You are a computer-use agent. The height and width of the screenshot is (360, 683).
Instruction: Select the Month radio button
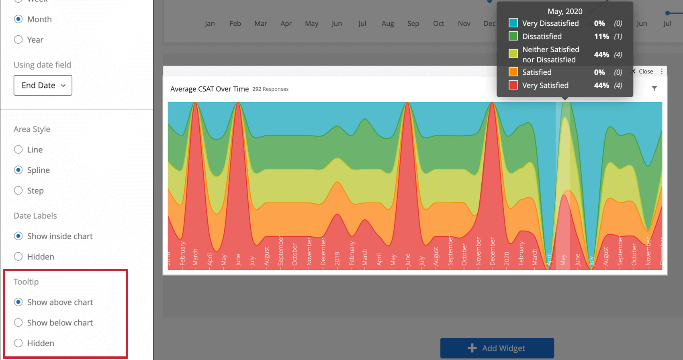tap(18, 19)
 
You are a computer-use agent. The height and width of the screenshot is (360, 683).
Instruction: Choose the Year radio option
tap(18, 40)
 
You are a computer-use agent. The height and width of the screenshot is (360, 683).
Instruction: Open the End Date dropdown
tap(43, 86)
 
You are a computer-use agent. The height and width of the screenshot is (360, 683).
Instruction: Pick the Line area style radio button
tap(18, 150)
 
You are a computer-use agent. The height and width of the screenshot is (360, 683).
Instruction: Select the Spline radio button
tap(18, 170)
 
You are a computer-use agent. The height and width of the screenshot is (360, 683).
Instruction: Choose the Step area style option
tap(18, 191)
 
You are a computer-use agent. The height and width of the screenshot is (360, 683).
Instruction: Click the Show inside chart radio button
tap(18, 236)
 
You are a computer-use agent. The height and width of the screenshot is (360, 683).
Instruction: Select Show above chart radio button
tap(18, 302)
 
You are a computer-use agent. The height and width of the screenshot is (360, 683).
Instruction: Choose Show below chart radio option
tap(18, 323)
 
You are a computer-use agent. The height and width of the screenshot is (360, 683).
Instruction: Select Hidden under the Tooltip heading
tap(18, 343)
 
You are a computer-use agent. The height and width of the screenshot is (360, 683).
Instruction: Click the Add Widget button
tap(497, 348)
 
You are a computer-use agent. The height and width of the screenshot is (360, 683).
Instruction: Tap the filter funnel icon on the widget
tap(654, 88)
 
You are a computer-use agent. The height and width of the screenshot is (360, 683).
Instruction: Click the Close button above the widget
tap(644, 72)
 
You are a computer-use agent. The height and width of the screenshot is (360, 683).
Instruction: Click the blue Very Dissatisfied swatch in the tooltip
tap(513, 23)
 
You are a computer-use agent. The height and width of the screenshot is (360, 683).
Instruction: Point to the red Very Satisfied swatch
tap(513, 85)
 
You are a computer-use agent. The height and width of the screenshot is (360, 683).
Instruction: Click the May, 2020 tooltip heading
tap(565, 11)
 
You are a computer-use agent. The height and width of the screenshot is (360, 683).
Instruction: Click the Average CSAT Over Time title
tap(209, 89)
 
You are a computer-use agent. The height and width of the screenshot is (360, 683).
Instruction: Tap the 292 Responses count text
tap(270, 89)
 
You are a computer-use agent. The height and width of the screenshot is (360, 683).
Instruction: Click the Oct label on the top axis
tap(439, 24)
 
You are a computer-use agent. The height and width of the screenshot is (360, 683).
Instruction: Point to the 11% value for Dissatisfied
tap(601, 37)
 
